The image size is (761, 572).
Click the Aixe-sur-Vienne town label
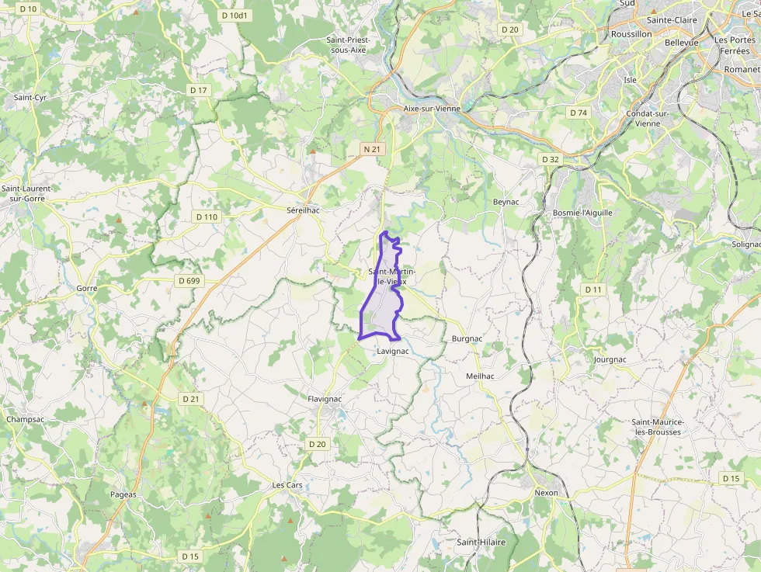(432, 109)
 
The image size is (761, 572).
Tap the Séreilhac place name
(304, 210)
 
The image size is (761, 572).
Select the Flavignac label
(325, 399)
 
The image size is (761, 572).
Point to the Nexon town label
(546, 493)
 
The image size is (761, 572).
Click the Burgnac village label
(467, 339)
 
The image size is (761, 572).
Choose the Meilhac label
(480, 376)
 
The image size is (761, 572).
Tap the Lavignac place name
(392, 352)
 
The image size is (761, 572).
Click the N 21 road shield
(372, 148)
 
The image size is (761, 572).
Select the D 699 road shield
(189, 280)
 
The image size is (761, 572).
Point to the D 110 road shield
(207, 217)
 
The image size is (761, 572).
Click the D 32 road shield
(550, 159)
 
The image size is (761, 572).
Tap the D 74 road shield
(578, 113)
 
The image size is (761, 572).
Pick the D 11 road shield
(593, 289)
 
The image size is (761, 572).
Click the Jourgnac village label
(610, 360)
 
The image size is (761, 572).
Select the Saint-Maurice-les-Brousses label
(657, 427)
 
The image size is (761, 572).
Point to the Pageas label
(123, 494)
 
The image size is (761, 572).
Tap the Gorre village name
(87, 288)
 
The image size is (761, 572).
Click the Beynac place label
(506, 202)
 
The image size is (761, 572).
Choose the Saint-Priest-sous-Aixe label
(348, 44)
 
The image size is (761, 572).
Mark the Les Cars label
(287, 485)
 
